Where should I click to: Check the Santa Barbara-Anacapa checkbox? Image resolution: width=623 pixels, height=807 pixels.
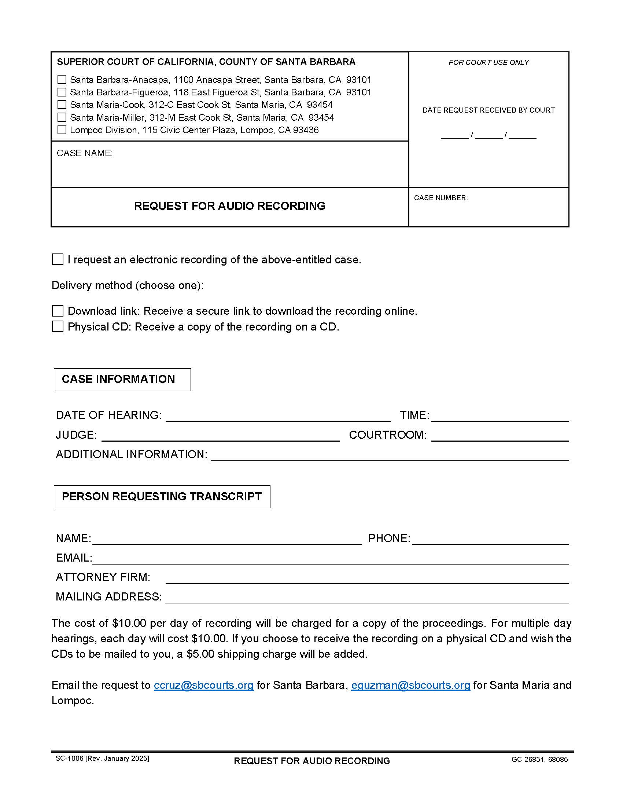(62, 80)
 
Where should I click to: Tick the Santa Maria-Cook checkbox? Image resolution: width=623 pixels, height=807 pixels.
(62, 105)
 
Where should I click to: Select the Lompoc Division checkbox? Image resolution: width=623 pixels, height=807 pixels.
(62, 130)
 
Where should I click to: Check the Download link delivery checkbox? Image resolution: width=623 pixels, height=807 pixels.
(58, 311)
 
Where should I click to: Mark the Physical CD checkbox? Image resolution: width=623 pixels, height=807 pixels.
(58, 326)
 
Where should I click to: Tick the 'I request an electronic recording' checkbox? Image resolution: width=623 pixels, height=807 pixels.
(58, 259)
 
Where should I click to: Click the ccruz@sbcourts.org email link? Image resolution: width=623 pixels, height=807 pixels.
(203, 685)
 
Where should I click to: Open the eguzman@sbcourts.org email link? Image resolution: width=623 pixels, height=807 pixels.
(410, 685)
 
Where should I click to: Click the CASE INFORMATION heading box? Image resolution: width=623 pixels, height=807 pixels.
(122, 380)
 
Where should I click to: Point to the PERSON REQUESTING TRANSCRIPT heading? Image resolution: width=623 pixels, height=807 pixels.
(162, 496)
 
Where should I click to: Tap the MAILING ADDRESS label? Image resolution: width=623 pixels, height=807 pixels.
(108, 596)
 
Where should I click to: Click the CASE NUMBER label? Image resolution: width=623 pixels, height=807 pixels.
(440, 198)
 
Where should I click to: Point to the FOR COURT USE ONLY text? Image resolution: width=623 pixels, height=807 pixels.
(489, 62)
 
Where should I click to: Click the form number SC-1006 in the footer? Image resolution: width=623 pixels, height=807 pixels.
(69, 759)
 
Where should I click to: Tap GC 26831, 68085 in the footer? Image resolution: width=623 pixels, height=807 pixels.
(539, 760)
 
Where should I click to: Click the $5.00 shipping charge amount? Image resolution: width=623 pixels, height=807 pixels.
(200, 654)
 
